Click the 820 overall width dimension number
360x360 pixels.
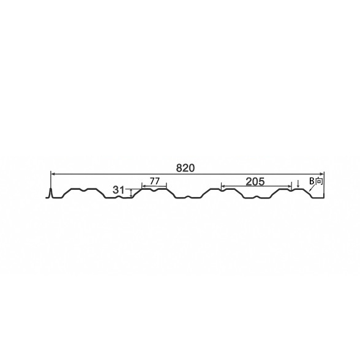coord(186,168)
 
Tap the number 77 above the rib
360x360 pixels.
coord(154,181)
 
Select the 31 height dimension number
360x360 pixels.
coord(119,190)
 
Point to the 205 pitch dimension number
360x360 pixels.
coord(255,182)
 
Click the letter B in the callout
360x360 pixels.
coord(311,181)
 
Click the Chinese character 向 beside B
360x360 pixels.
coord(318,181)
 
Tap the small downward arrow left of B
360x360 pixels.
coord(298,184)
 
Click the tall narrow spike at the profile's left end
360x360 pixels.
coord(51,193)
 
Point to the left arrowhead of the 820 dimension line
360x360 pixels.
coord(53,174)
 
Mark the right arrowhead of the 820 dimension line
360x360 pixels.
coord(321,174)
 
